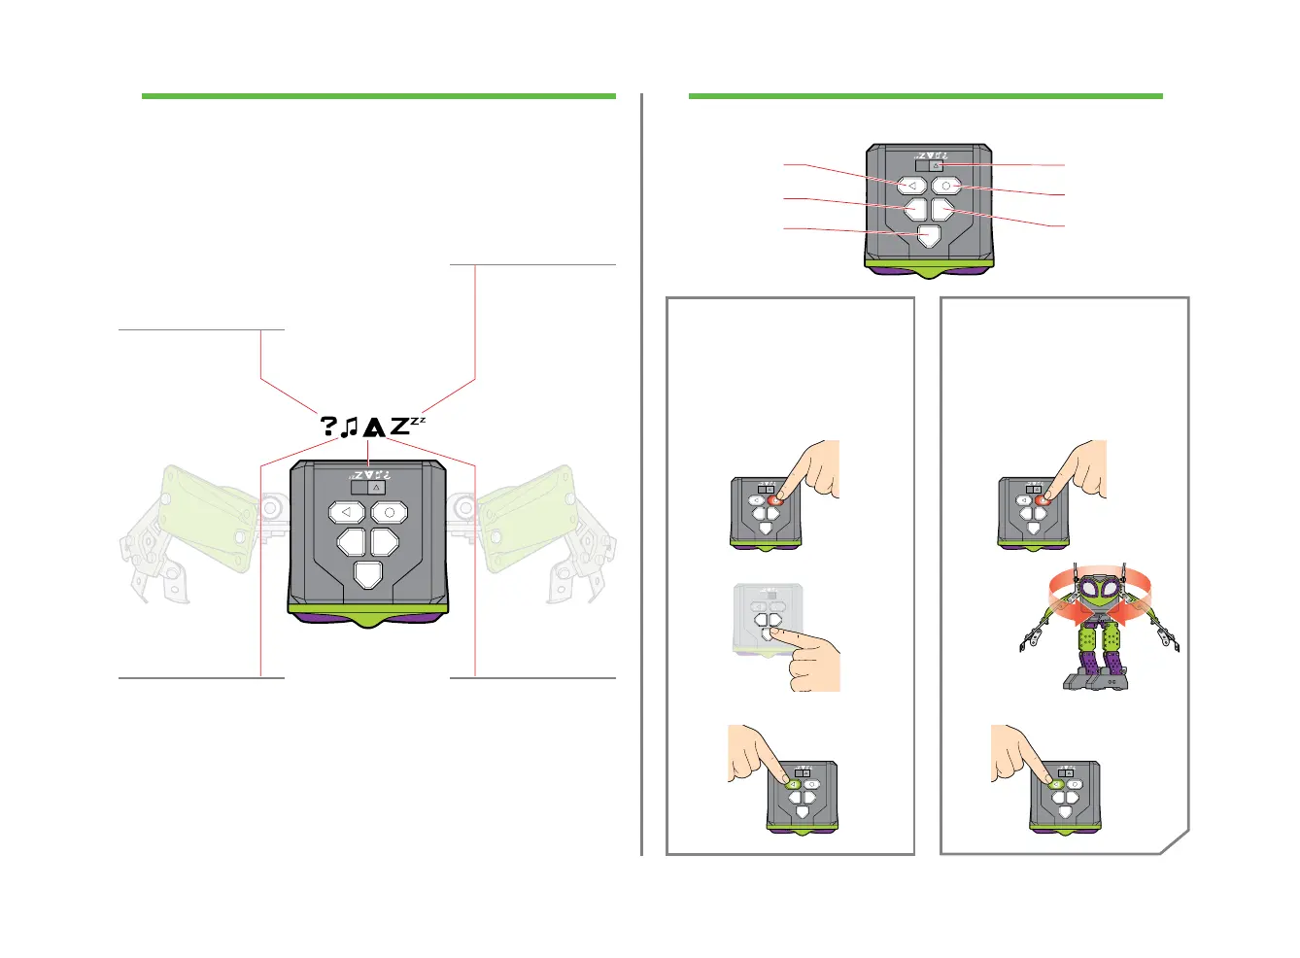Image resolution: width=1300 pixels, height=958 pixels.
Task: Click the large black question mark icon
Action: pyautogui.click(x=328, y=426)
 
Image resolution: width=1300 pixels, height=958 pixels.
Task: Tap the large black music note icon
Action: pyautogui.click(x=350, y=426)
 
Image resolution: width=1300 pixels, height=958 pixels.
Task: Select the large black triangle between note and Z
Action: pyautogui.click(x=374, y=426)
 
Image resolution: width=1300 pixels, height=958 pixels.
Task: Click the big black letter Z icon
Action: pyautogui.click(x=399, y=426)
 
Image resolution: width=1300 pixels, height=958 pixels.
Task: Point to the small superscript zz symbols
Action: pyautogui.click(x=418, y=421)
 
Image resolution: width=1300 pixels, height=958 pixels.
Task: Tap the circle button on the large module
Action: pyautogui.click(x=390, y=512)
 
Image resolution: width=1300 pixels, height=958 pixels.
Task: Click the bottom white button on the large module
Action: pyautogui.click(x=368, y=574)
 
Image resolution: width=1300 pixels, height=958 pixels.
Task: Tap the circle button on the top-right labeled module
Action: pyautogui.click(x=945, y=185)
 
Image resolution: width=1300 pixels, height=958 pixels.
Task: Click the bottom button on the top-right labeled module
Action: pyautogui.click(x=928, y=235)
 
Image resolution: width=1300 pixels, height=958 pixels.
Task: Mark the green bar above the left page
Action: pyautogui.click(x=378, y=96)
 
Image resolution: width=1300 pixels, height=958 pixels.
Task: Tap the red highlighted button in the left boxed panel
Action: pyautogui.click(x=774, y=499)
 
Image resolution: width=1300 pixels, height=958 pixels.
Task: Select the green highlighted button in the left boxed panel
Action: pyautogui.click(x=794, y=784)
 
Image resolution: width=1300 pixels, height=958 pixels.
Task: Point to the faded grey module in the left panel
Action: pyautogui.click(x=767, y=621)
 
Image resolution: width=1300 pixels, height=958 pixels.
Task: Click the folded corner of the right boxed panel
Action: pyautogui.click(x=1176, y=841)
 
